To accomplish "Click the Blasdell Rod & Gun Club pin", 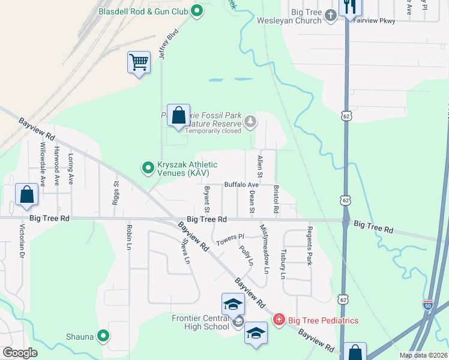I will pos(196,10).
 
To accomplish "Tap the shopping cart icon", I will pos(139,62).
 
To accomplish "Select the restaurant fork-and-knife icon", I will pos(349,7).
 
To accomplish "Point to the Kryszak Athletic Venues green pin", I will pos(148,168).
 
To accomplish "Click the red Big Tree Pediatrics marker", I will pos(279,320).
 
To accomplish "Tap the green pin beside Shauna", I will pos(104,337).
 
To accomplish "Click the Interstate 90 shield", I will pos(428,305).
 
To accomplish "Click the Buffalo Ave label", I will pos(241,185).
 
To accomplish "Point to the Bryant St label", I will pos(206,199).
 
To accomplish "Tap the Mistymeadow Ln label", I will pos(264,248).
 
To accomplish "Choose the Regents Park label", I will pos(310,246).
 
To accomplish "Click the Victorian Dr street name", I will pos(22,241).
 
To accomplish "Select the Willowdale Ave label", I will pos(42,164).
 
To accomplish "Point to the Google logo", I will pos(20,353).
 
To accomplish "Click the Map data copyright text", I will pos(423,355).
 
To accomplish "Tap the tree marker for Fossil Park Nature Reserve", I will pos(250,122).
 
